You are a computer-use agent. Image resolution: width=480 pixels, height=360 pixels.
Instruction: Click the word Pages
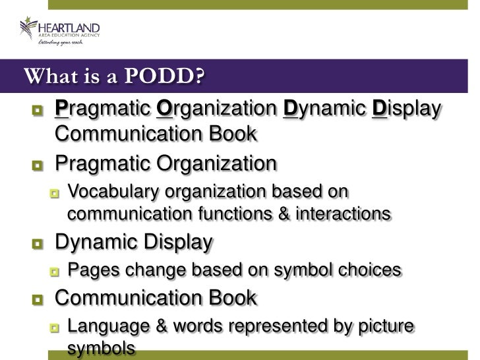[x=90, y=270]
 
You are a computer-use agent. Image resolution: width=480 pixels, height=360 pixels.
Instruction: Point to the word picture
[x=384, y=326]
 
